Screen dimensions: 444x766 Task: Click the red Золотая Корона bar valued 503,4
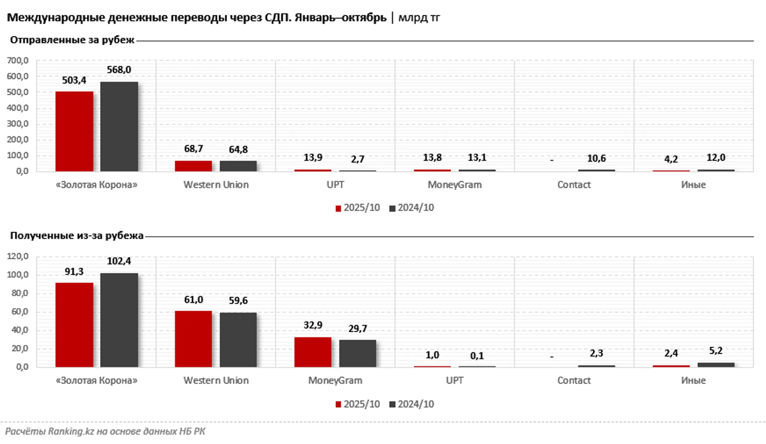[74, 131]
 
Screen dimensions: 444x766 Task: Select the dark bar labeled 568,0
[119, 127]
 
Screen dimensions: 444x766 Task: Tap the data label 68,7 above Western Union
[193, 149]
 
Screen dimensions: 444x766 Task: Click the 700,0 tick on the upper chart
[18, 61]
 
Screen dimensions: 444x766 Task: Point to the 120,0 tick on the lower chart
[18, 256]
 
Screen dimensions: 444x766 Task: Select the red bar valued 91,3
[74, 325]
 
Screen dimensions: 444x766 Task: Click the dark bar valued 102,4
[119, 320]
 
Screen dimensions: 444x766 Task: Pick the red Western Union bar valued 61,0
[193, 339]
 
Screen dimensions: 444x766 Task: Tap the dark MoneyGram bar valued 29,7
[357, 353]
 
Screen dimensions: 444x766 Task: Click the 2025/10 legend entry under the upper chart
[357, 208]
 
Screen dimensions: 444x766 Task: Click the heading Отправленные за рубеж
[72, 40]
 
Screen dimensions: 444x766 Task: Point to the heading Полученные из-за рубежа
[77, 236]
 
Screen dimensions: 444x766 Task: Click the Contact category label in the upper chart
[574, 185]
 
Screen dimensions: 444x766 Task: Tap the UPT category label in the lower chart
[454, 381]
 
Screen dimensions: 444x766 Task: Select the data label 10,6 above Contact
[596, 158]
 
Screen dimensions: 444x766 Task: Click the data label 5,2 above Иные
[716, 351]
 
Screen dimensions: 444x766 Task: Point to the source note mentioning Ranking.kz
[105, 431]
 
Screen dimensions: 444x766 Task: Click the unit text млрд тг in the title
[419, 17]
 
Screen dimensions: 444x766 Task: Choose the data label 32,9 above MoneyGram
[313, 325]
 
